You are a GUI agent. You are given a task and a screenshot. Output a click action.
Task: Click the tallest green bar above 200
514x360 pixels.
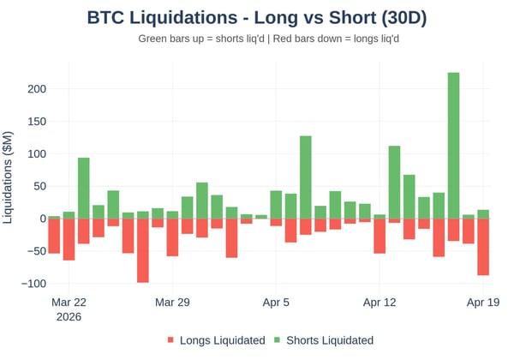click(x=453, y=146)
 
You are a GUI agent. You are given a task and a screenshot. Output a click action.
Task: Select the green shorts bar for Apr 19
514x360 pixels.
click(x=483, y=214)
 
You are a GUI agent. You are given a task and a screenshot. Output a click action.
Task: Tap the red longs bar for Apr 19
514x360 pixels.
click(x=483, y=247)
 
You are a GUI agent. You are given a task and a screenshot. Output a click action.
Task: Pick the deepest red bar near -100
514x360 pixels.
click(x=142, y=250)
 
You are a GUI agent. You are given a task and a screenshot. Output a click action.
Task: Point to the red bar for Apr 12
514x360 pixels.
click(x=380, y=236)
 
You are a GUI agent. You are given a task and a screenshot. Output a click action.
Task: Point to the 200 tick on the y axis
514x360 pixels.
click(x=35, y=89)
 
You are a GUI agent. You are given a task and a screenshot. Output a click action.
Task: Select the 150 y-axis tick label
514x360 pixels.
click(x=35, y=122)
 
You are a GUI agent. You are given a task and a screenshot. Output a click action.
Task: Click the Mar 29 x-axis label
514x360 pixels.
click(x=172, y=303)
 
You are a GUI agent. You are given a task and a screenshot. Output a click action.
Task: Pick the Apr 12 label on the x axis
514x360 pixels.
click(x=380, y=303)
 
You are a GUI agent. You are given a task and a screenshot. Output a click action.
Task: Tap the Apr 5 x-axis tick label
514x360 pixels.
click(x=276, y=303)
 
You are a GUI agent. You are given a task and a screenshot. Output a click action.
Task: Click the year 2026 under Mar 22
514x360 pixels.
click(x=69, y=317)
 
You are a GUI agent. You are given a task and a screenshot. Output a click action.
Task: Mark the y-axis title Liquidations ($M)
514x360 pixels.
click(x=9, y=176)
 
